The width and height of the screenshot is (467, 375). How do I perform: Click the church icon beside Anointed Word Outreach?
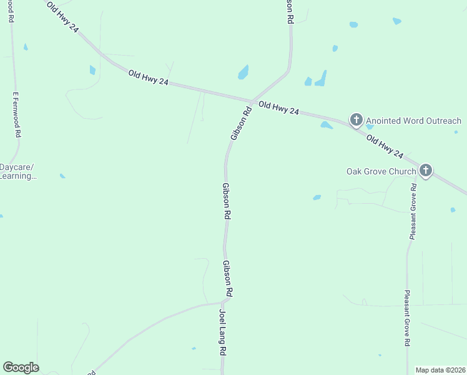coord(356,119)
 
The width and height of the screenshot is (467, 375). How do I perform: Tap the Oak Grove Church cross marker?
coord(426,170)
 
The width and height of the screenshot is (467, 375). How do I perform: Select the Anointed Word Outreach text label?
coord(413,121)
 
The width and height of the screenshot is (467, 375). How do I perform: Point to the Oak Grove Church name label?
coord(381,171)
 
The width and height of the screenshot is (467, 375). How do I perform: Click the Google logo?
coord(21,367)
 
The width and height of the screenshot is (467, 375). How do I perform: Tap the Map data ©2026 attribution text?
coord(441,370)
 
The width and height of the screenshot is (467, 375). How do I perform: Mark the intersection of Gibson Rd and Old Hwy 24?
coord(251,102)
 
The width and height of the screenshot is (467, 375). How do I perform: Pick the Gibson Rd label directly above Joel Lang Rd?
coord(229,278)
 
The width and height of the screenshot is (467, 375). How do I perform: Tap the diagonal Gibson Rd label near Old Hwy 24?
coord(241,123)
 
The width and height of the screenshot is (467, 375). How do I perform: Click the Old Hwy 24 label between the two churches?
coord(385,146)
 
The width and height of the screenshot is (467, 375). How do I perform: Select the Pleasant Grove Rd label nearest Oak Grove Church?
coord(413,211)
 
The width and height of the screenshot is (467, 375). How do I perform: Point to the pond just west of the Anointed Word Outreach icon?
coord(326,125)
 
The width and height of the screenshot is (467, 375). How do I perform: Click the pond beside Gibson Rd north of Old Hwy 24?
coord(243,72)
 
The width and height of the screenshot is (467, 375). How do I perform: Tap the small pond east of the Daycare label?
coord(62,176)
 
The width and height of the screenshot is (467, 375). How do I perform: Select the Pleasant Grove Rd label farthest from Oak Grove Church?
coord(406,318)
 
